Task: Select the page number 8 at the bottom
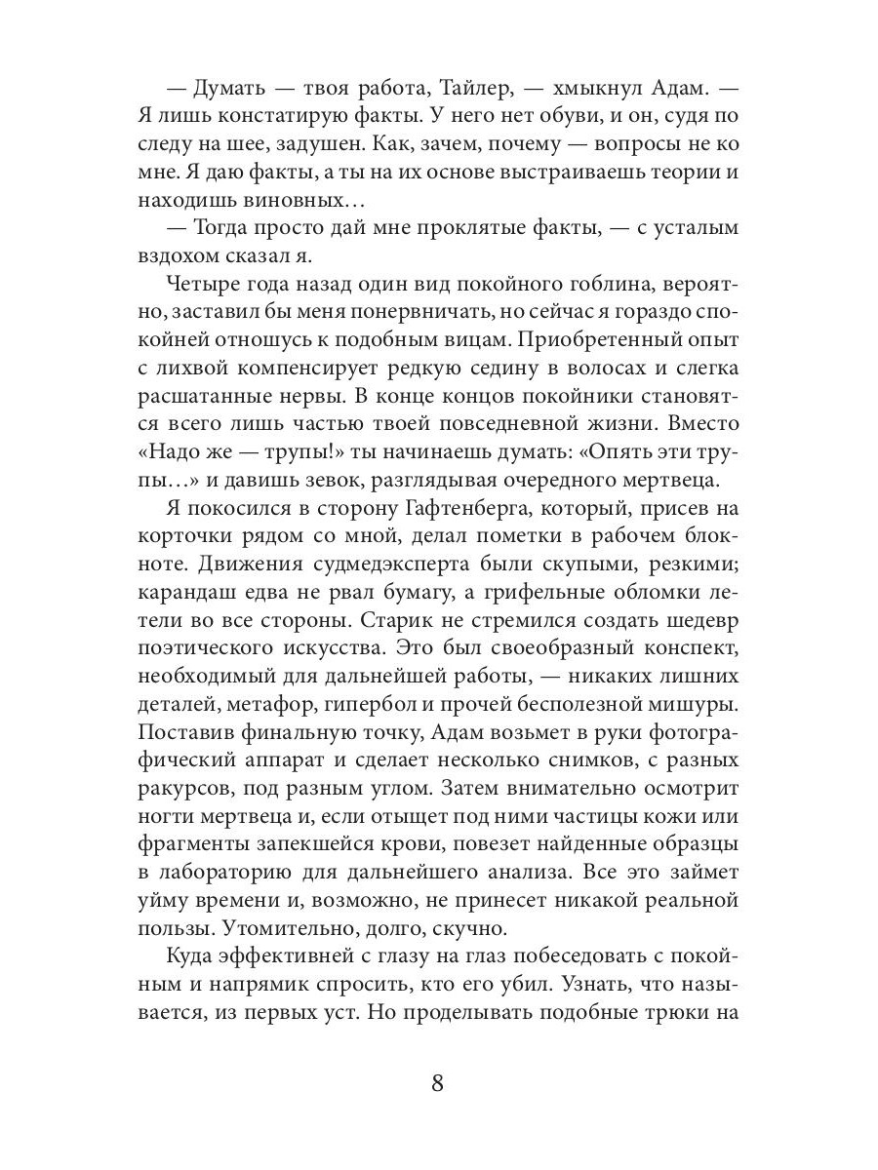click(438, 1083)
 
